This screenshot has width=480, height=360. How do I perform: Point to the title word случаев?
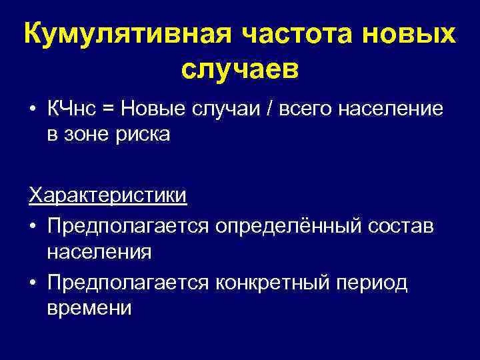pyautogui.click(x=240, y=69)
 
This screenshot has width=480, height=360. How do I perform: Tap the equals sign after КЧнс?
pyautogui.click(x=109, y=109)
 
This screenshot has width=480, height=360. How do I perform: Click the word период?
pyautogui.click(x=375, y=283)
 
